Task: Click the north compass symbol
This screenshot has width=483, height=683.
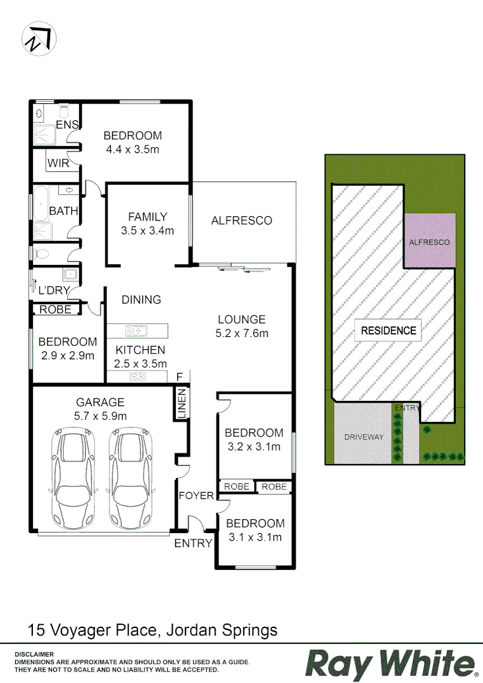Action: click(x=39, y=39)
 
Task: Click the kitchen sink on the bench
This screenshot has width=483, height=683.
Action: click(x=136, y=330)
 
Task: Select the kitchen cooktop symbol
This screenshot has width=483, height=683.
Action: click(x=137, y=377)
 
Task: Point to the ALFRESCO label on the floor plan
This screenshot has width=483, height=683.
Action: click(x=241, y=221)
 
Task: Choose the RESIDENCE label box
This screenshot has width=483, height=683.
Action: click(x=388, y=330)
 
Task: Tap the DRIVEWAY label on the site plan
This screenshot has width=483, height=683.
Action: click(x=363, y=437)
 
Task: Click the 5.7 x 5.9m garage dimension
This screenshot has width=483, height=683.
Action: click(x=100, y=416)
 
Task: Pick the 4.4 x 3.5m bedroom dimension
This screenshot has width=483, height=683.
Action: click(x=132, y=150)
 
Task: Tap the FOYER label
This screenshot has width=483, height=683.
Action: click(x=196, y=495)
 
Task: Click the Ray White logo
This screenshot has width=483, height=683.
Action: click(x=391, y=664)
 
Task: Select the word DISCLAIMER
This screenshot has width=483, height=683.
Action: click(x=35, y=654)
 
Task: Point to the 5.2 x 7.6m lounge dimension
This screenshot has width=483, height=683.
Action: click(x=241, y=333)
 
